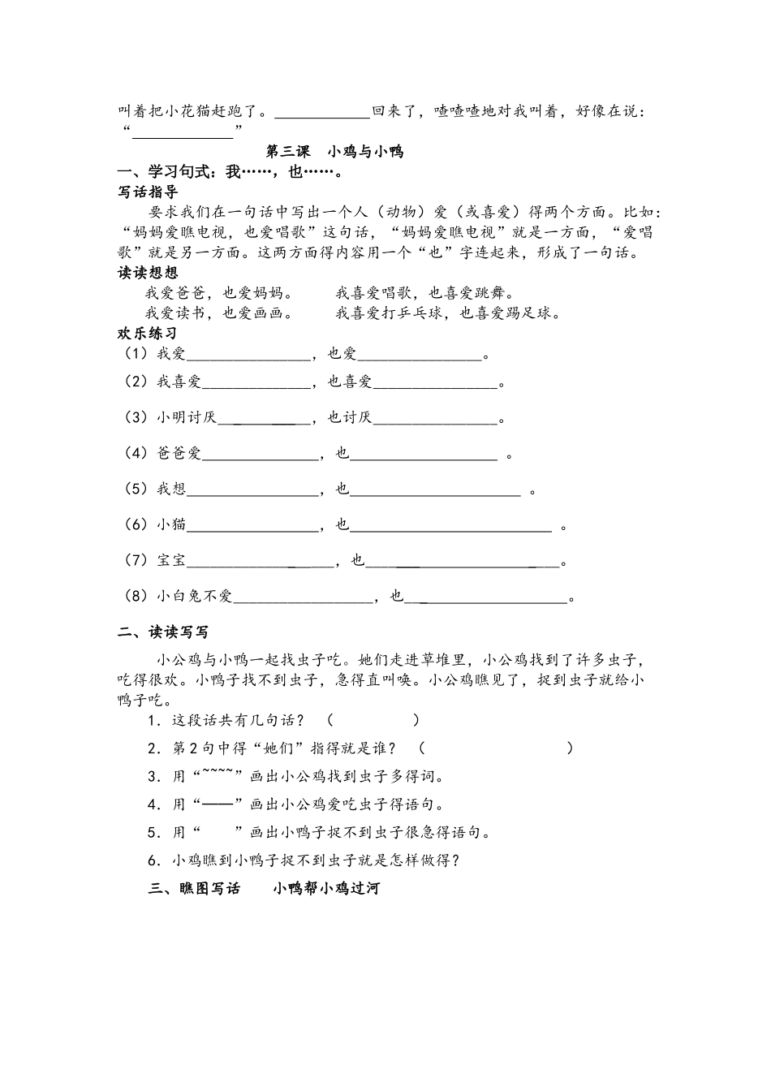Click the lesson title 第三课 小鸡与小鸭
tap(335, 152)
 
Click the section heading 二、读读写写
tap(163, 632)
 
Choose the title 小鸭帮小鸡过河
tap(326, 889)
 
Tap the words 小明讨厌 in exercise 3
tap(187, 418)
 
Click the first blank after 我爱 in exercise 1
tap(248, 355)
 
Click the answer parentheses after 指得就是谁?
tap(496, 748)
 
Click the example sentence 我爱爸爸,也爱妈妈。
tap(219, 293)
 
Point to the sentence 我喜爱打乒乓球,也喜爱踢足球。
tap(448, 313)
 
